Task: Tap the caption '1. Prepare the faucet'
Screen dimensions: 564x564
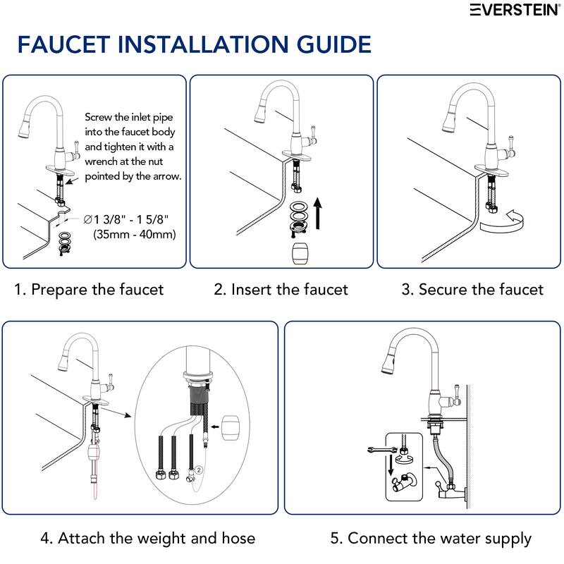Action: [x=89, y=289]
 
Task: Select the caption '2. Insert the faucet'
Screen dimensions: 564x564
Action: [x=281, y=289]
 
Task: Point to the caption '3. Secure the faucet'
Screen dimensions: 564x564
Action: [x=472, y=289]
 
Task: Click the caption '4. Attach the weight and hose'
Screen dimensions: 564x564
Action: [x=147, y=539]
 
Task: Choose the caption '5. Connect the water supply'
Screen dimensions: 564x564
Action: [x=431, y=539]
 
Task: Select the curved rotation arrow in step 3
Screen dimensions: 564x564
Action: [x=502, y=223]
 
